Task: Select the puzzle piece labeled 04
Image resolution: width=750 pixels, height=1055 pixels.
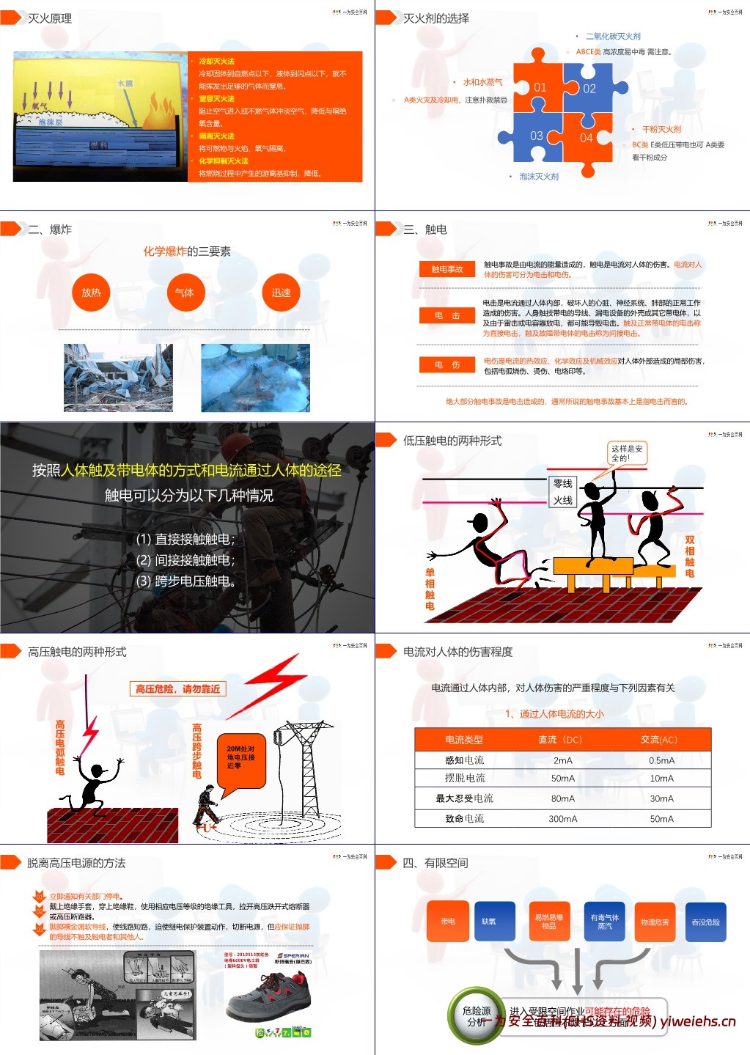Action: point(587,137)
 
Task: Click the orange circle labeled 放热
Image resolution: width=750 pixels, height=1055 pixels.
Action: point(92,293)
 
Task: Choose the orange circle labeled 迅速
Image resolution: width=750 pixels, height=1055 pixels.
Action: point(281,293)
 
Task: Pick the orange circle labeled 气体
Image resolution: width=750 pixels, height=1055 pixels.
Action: point(185,293)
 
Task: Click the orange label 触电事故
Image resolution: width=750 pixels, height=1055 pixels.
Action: point(447,269)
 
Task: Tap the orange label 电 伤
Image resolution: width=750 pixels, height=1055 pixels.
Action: point(447,364)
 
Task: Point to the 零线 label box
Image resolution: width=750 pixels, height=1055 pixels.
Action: point(563,484)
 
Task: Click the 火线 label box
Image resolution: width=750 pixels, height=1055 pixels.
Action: point(563,500)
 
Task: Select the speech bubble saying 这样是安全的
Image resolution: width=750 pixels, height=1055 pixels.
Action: point(627,453)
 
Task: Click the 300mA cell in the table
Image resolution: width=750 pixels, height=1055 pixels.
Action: point(562,818)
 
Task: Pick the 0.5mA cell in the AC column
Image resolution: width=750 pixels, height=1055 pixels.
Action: point(661,760)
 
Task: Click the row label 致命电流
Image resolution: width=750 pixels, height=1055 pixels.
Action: point(464,818)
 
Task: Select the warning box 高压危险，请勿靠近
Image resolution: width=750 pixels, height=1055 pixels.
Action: point(177,688)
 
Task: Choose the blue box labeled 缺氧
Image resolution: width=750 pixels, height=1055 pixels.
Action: point(489,921)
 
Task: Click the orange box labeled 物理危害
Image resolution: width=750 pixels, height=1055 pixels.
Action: point(655,922)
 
